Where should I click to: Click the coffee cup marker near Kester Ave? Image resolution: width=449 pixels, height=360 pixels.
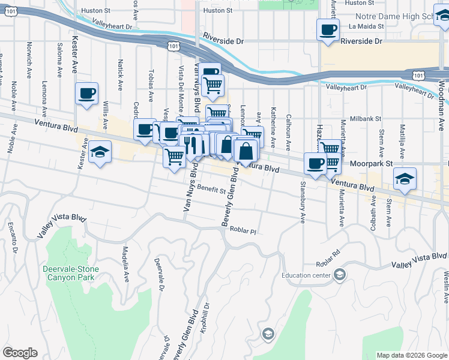point(87,93)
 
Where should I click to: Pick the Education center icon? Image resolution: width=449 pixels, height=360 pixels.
point(340,275)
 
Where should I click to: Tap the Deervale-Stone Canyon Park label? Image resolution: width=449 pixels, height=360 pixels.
point(69,274)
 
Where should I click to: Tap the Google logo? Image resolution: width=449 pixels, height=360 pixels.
point(20,352)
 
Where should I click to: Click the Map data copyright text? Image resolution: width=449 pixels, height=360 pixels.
point(411,355)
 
